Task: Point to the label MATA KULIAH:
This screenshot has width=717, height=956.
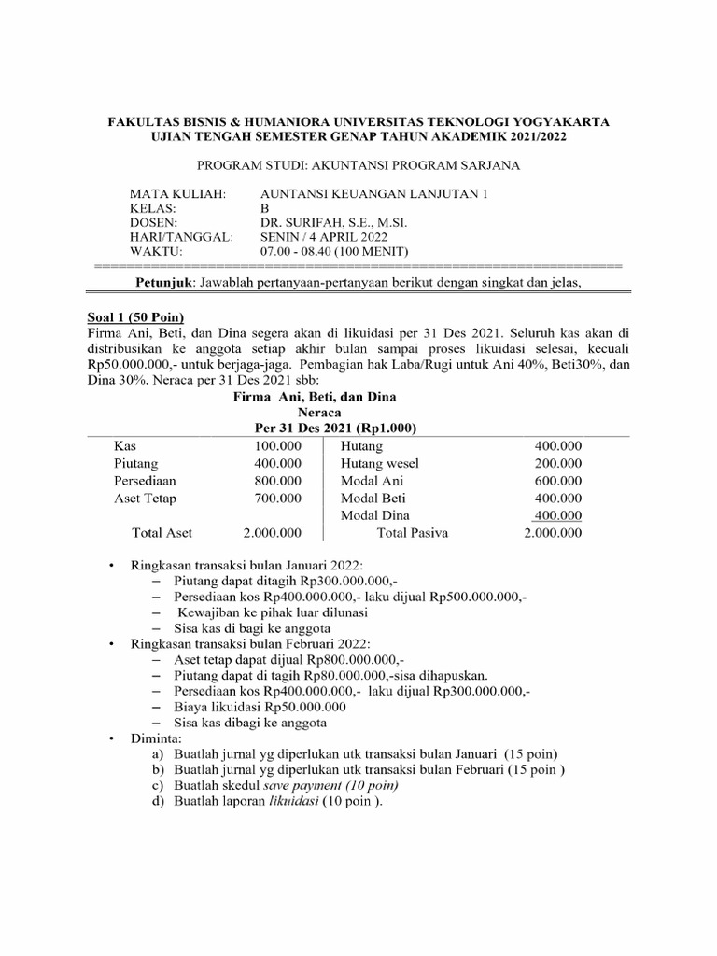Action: click(177, 193)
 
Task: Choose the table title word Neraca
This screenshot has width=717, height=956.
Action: click(319, 411)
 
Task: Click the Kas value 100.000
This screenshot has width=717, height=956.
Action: click(277, 445)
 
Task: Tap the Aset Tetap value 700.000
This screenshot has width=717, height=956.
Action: click(277, 499)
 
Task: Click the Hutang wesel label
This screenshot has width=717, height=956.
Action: click(380, 463)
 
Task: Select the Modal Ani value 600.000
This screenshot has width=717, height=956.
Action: click(557, 481)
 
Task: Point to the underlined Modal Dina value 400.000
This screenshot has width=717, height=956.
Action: click(557, 515)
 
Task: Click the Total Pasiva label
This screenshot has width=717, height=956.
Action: click(412, 534)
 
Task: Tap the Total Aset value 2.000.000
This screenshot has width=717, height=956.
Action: click(272, 534)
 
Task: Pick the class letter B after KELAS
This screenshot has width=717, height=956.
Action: click(263, 208)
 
